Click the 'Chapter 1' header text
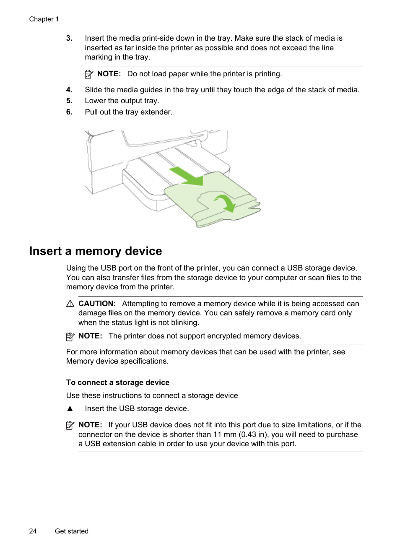44,19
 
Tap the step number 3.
69,38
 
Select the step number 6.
69,112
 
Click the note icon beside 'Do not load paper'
89,74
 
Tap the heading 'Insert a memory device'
96,251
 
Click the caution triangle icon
70,304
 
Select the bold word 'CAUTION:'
97,304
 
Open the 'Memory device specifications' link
116,361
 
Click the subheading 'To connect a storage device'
118,382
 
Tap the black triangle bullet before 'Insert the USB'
70,408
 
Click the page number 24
33,531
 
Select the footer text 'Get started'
72,531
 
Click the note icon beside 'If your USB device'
70,425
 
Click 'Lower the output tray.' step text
122,101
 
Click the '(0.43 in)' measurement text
254,434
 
